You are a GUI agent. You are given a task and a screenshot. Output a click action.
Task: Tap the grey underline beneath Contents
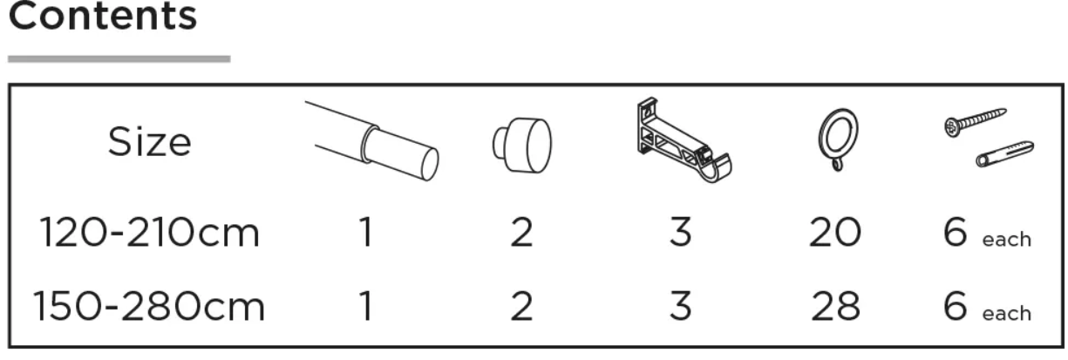(119, 59)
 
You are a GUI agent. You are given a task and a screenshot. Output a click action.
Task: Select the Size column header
(149, 142)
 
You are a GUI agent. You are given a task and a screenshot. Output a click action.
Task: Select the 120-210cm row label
(149, 234)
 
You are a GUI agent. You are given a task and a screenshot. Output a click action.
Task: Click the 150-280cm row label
(149, 307)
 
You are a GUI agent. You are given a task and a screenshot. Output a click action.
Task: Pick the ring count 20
(834, 234)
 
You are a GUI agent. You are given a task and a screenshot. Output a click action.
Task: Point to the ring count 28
(834, 307)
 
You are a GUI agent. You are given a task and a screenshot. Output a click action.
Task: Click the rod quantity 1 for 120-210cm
(366, 234)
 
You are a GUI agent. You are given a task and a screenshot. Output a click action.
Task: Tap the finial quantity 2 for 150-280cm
(521, 307)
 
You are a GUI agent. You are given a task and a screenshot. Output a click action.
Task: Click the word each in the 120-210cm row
(1006, 240)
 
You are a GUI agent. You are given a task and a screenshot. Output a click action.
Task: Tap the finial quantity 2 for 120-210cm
(521, 234)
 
